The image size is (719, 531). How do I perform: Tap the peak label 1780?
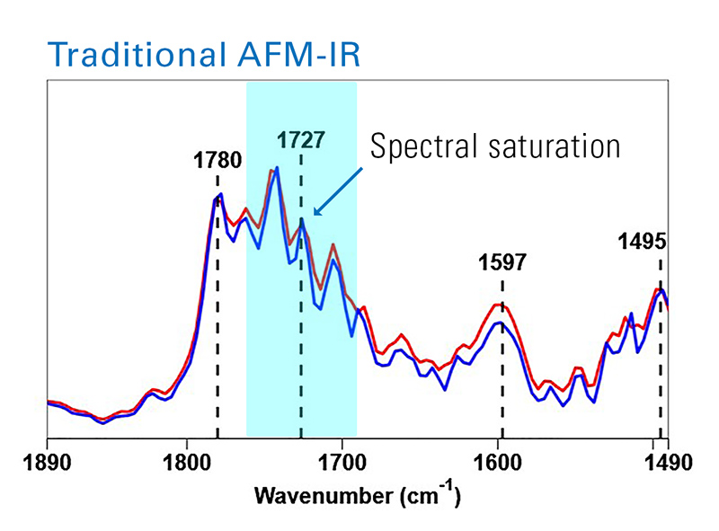217,162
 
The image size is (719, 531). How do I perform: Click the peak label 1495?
641,241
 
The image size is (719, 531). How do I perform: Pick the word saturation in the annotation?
558,146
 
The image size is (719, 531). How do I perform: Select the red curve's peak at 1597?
500,304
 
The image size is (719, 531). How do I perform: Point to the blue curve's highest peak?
277,168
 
